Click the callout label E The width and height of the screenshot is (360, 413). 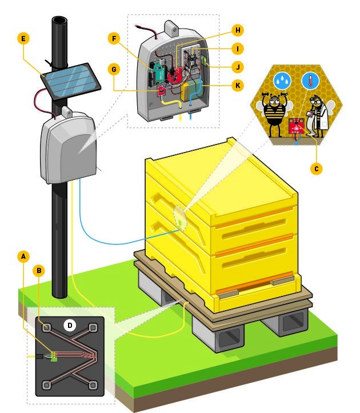(x=23, y=39)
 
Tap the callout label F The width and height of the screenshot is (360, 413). (x=114, y=39)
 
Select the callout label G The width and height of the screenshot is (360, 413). (x=114, y=70)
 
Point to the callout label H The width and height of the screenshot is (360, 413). (x=238, y=30)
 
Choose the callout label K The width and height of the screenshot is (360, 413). (x=238, y=86)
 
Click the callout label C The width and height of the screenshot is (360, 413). (x=317, y=169)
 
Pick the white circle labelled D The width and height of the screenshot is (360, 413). (x=70, y=325)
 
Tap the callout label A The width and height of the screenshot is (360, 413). (x=23, y=256)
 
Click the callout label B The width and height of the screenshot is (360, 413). (x=39, y=271)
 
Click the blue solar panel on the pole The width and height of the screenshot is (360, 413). (x=71, y=81)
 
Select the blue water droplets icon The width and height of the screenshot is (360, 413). (x=282, y=81)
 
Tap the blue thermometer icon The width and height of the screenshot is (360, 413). (x=310, y=81)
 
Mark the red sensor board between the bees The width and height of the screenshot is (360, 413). (x=297, y=126)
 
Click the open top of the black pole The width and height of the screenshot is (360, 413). (x=59, y=21)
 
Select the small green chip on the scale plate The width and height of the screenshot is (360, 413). (x=54, y=356)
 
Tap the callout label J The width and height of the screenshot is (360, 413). (x=238, y=67)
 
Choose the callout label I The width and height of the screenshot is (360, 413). (x=238, y=49)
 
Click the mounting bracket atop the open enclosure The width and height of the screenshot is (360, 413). (x=171, y=29)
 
